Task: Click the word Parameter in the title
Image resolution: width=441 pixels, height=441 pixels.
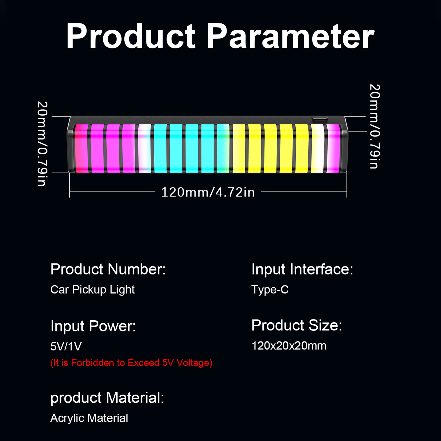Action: pyautogui.click(x=291, y=36)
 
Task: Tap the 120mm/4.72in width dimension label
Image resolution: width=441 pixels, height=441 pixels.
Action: pyautogui.click(x=208, y=192)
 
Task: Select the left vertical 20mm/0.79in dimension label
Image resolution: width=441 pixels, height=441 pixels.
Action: pyautogui.click(x=42, y=144)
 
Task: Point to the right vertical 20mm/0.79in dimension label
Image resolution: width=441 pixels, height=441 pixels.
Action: pyautogui.click(x=375, y=126)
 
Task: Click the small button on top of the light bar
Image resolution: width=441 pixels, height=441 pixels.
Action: pyautogui.click(x=320, y=119)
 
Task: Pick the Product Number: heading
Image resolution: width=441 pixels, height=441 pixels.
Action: pyautogui.click(x=108, y=269)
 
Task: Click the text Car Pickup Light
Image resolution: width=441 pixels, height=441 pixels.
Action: pyautogui.click(x=93, y=290)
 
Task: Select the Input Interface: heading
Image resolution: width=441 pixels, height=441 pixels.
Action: pyautogui.click(x=302, y=269)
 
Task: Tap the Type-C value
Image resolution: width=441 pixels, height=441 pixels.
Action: pyautogui.click(x=270, y=290)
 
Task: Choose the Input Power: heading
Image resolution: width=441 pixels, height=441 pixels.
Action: pyautogui.click(x=93, y=326)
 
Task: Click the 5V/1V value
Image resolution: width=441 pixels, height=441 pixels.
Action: pyautogui.click(x=66, y=346)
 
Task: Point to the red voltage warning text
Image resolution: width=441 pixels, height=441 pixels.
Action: pyautogui.click(x=131, y=363)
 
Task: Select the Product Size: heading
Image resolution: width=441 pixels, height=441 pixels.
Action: pyautogui.click(x=297, y=325)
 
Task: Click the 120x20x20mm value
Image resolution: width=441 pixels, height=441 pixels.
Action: pyautogui.click(x=289, y=346)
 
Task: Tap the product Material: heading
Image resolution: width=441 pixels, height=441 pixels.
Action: pyautogui.click(x=107, y=398)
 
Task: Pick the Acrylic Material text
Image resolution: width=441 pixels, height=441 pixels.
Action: pyautogui.click(x=89, y=418)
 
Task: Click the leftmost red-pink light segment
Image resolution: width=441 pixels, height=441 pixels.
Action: pyautogui.click(x=82, y=148)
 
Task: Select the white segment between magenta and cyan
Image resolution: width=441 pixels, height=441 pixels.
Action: pyautogui.click(x=145, y=148)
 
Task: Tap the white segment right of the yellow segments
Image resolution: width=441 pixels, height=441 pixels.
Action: pyautogui.click(x=318, y=148)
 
